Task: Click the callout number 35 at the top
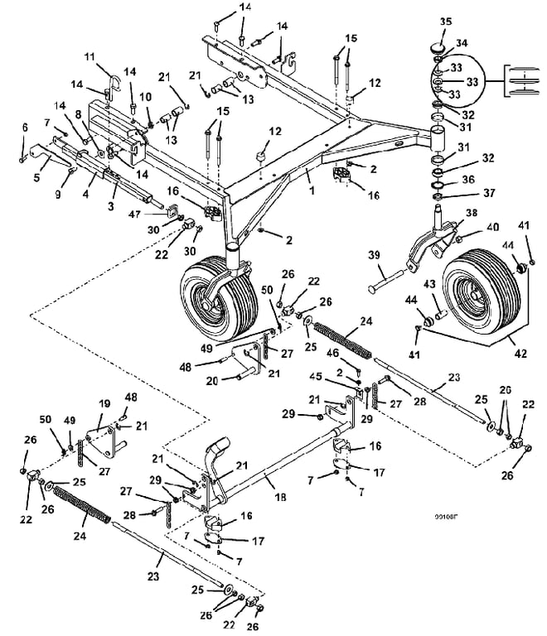pyautogui.click(x=445, y=22)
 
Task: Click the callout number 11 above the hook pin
pyautogui.click(x=114, y=55)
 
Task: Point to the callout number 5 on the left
pyautogui.click(x=36, y=176)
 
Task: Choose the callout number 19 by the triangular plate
pyautogui.click(x=105, y=404)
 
